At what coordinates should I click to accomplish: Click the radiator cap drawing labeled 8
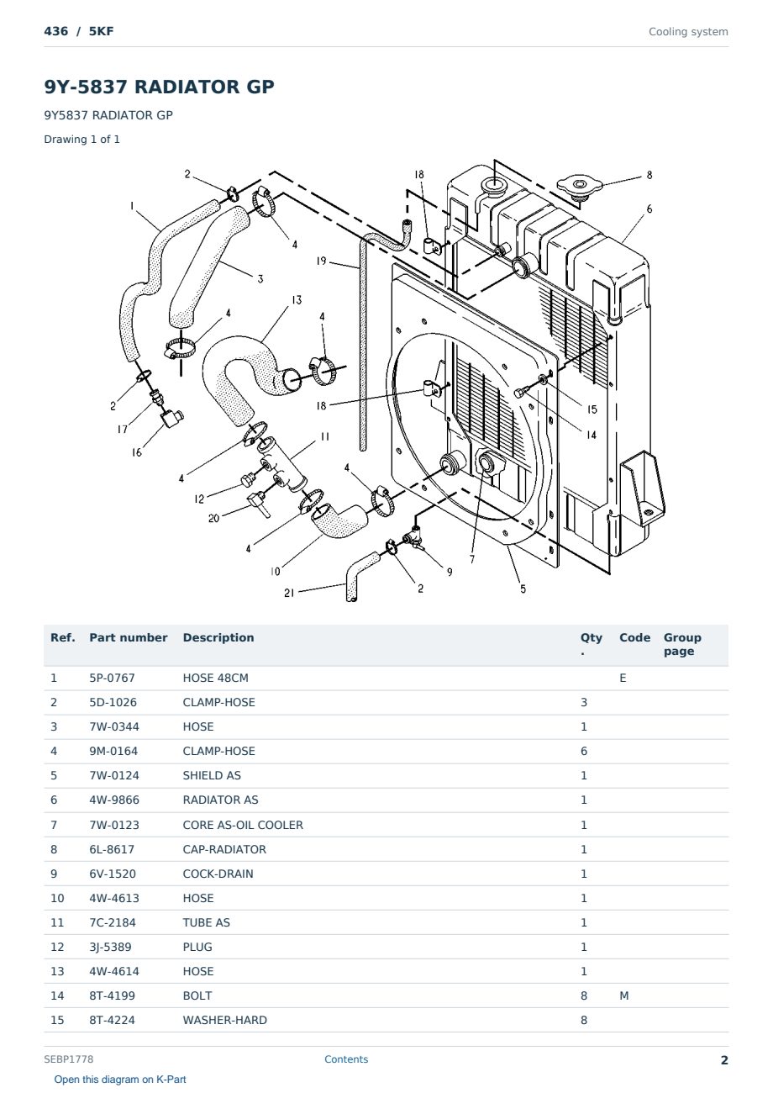click(x=580, y=187)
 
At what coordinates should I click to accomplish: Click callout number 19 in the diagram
click(x=321, y=261)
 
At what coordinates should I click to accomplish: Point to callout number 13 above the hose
click(x=297, y=300)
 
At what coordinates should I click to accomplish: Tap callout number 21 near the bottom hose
click(x=289, y=593)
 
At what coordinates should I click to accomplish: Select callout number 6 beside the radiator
click(x=649, y=209)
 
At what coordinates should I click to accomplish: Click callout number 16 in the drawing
click(x=137, y=452)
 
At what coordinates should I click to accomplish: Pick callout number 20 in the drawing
click(x=213, y=518)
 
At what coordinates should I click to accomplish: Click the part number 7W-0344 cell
click(x=114, y=726)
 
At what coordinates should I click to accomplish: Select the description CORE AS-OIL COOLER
click(x=243, y=825)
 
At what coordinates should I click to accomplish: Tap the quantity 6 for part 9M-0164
click(x=584, y=751)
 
